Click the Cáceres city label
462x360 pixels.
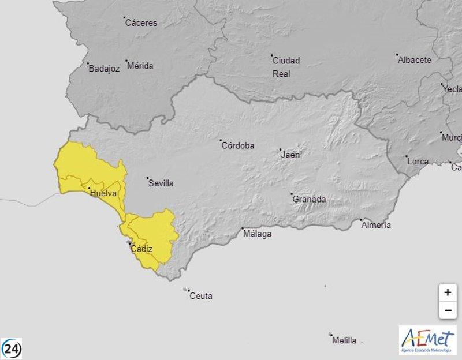click(141, 23)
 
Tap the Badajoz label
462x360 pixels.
click(104, 69)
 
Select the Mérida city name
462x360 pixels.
click(140, 66)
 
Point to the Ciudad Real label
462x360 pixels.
click(286, 67)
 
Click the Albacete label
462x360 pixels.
click(415, 60)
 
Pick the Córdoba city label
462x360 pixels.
click(238, 145)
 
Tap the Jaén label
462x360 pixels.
click(290, 155)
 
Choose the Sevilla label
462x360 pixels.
click(161, 183)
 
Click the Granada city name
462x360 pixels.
click(310, 199)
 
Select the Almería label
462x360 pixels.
click(376, 224)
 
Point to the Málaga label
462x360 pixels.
click(257, 234)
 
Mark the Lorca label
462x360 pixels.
click(418, 161)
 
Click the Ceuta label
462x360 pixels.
click(200, 296)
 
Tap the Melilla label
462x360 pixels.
click(344, 340)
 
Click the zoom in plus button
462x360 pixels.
click(448, 292)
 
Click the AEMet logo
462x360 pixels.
click(427, 340)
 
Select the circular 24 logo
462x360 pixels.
click(12, 348)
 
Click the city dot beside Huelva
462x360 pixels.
click(89, 187)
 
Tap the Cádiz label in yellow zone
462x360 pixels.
click(141, 249)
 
